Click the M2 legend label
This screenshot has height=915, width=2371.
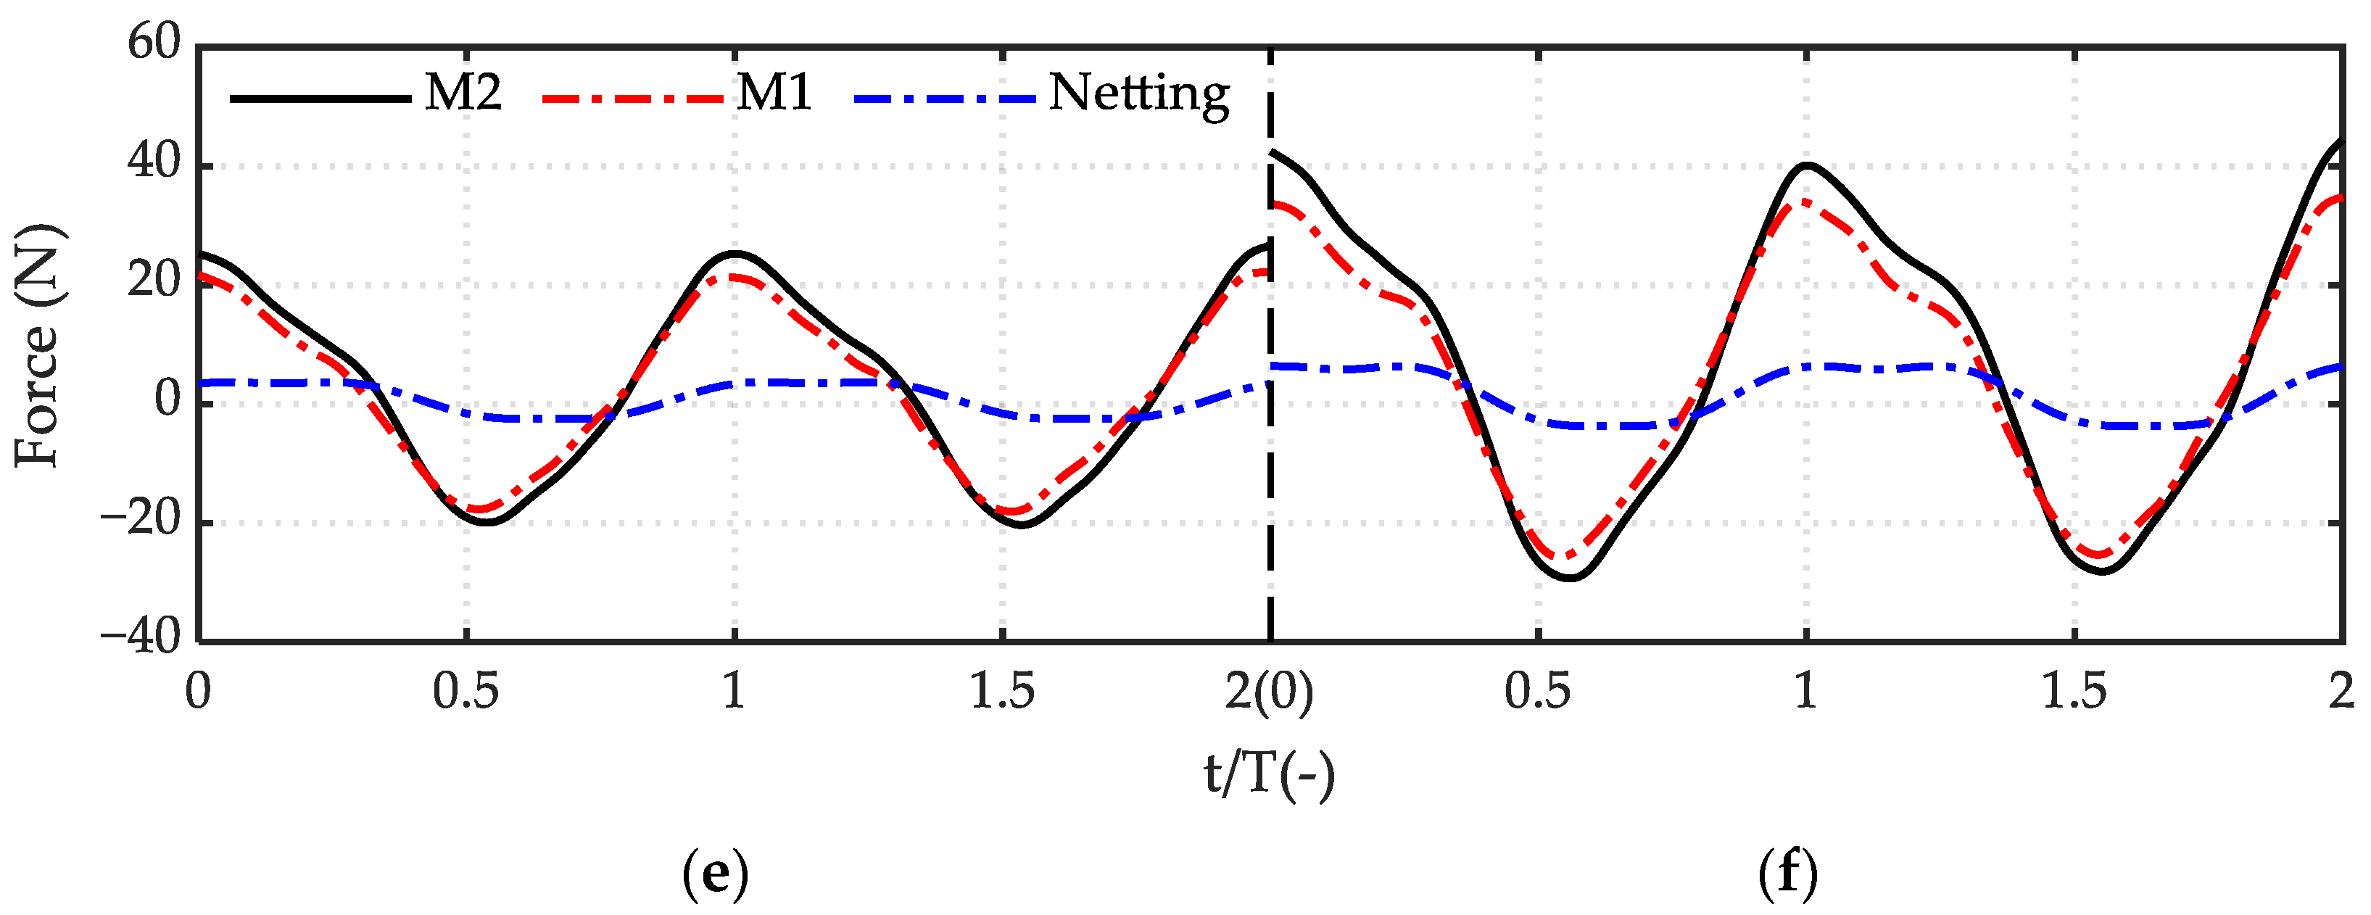[x=463, y=92]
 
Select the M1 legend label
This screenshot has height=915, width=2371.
[x=774, y=92]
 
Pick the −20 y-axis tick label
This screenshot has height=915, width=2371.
[x=141, y=521]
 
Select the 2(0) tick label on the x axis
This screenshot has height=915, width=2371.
[x=1270, y=691]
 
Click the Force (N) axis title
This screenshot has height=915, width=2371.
[x=38, y=345]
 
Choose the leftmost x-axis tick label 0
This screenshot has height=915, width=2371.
[x=198, y=691]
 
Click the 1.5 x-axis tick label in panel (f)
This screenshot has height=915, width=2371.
[x=2074, y=691]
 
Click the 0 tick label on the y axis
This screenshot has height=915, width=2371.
[x=167, y=399]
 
